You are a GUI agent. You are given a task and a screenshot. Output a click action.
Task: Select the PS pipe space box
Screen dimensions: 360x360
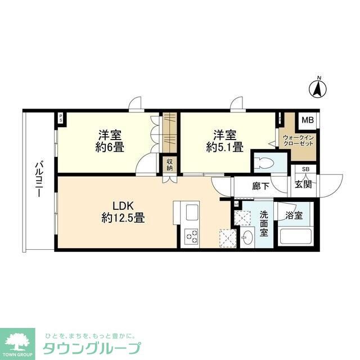pos(61,118)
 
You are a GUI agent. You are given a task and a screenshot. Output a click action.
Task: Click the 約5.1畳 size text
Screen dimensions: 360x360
pos(224,148)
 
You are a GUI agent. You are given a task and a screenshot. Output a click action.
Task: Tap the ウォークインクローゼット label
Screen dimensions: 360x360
pos(298,140)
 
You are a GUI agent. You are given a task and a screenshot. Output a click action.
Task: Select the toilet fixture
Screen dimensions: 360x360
pos(263,164)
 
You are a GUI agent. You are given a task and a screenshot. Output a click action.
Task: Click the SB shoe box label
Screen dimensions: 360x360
pos(306,169)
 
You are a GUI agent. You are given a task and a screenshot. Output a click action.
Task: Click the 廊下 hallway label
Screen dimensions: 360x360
pos(260,186)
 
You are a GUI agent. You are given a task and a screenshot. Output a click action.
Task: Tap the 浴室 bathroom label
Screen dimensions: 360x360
pos(294,215)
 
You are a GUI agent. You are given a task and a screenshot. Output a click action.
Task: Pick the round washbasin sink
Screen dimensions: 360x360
pos(248,238)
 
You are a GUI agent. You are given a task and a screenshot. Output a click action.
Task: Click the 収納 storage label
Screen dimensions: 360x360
pos(169,165)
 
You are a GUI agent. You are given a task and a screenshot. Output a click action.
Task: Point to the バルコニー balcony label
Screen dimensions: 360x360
pos(38,178)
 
